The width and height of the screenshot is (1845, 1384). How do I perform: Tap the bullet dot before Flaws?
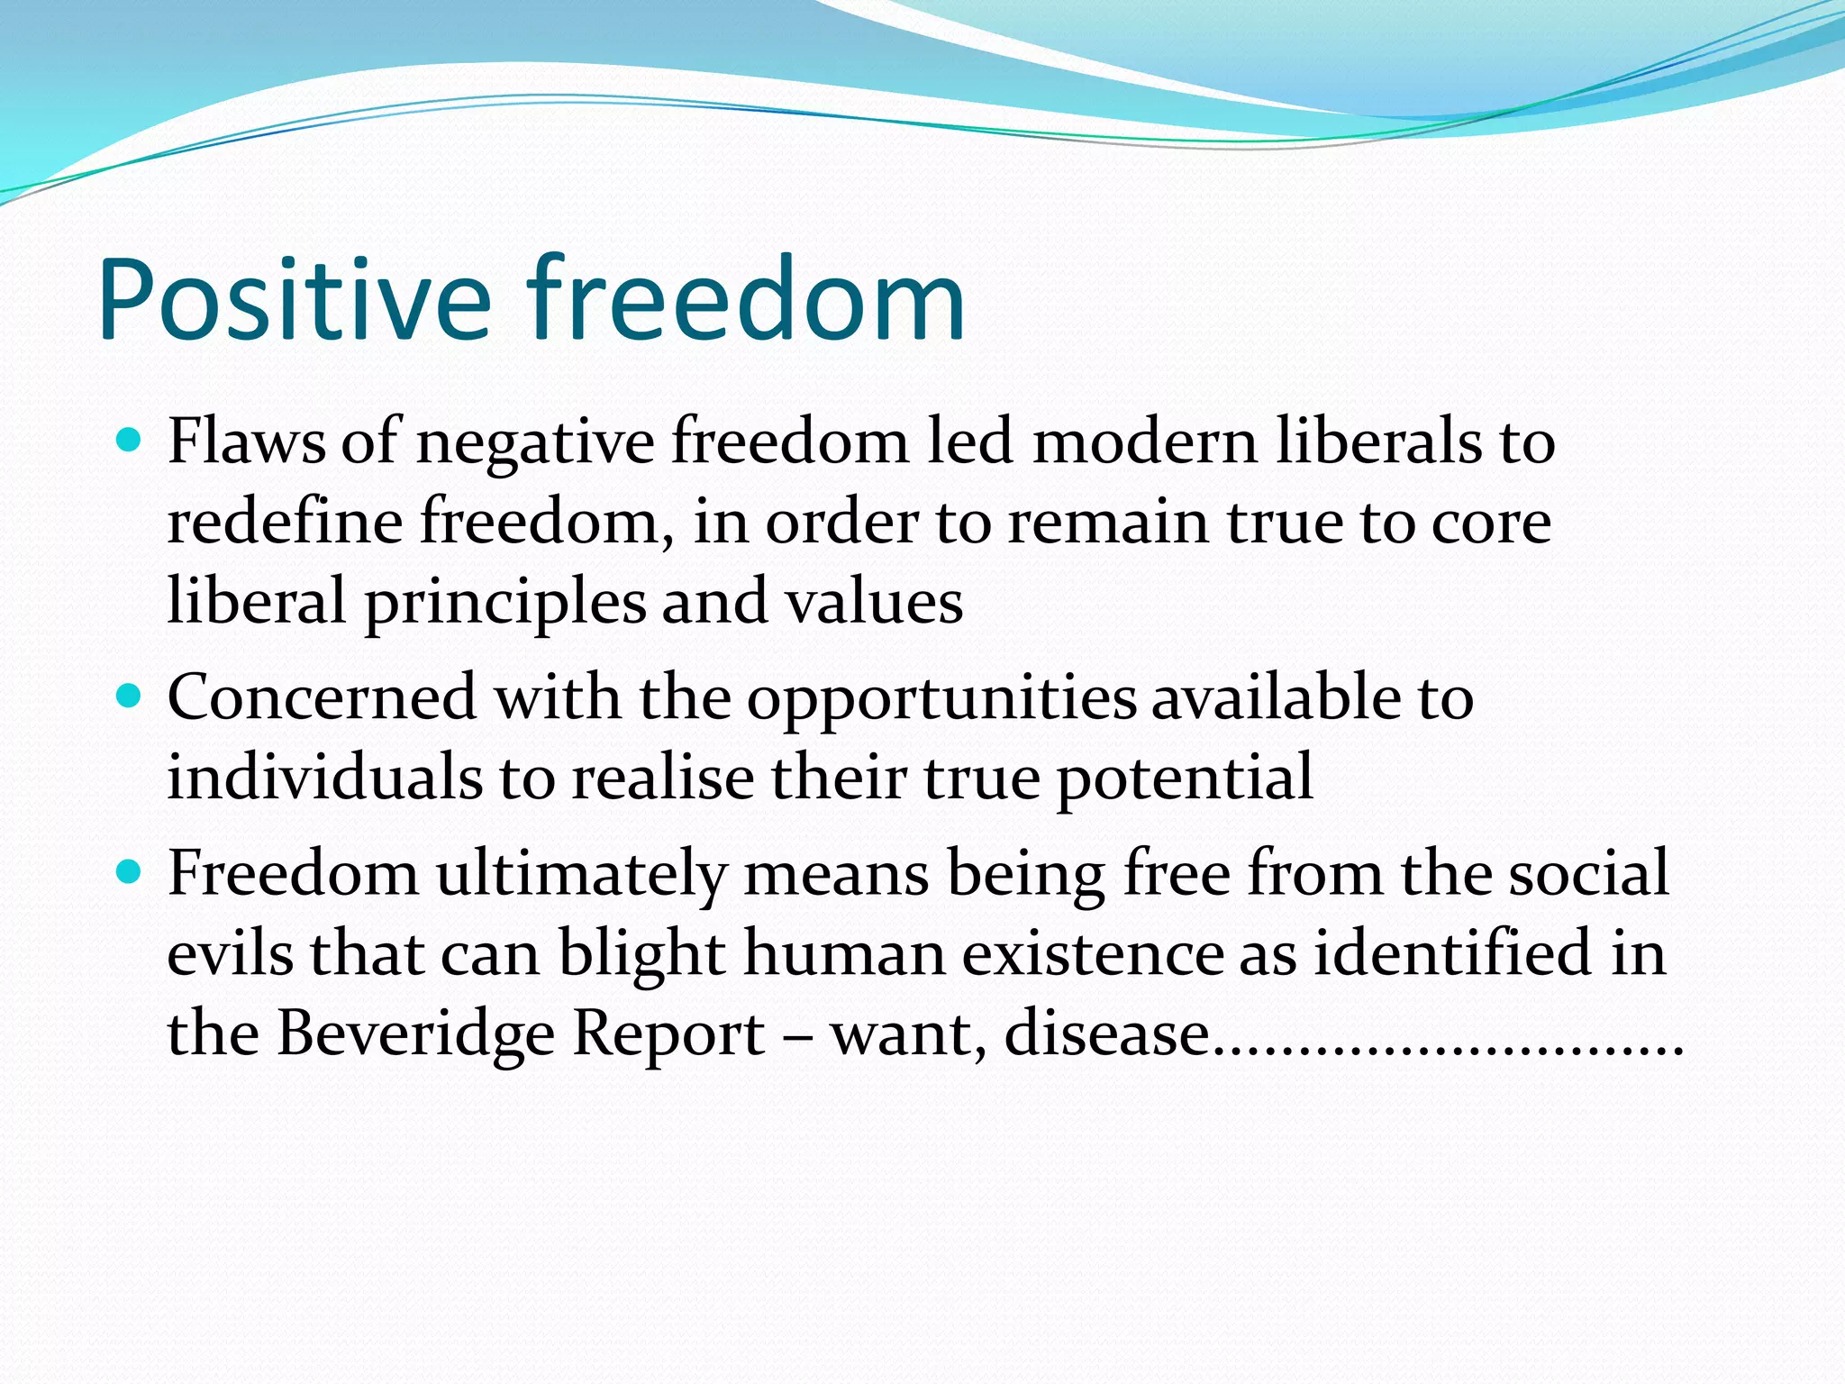coord(130,441)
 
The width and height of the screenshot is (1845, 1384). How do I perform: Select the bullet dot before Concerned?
coord(130,697)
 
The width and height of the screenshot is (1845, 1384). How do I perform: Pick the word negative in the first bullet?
coord(534,443)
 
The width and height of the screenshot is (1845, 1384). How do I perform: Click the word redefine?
coord(284,522)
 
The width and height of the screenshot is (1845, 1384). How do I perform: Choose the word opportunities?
coord(942,700)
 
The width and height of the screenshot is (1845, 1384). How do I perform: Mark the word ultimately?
coord(582,874)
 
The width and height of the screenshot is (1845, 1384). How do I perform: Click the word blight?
coord(641,953)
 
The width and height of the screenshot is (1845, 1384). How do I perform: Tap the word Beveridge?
coord(415,1033)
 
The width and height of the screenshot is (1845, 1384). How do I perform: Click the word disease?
coord(1107,1033)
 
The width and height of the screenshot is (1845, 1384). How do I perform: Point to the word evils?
coord(230,953)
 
